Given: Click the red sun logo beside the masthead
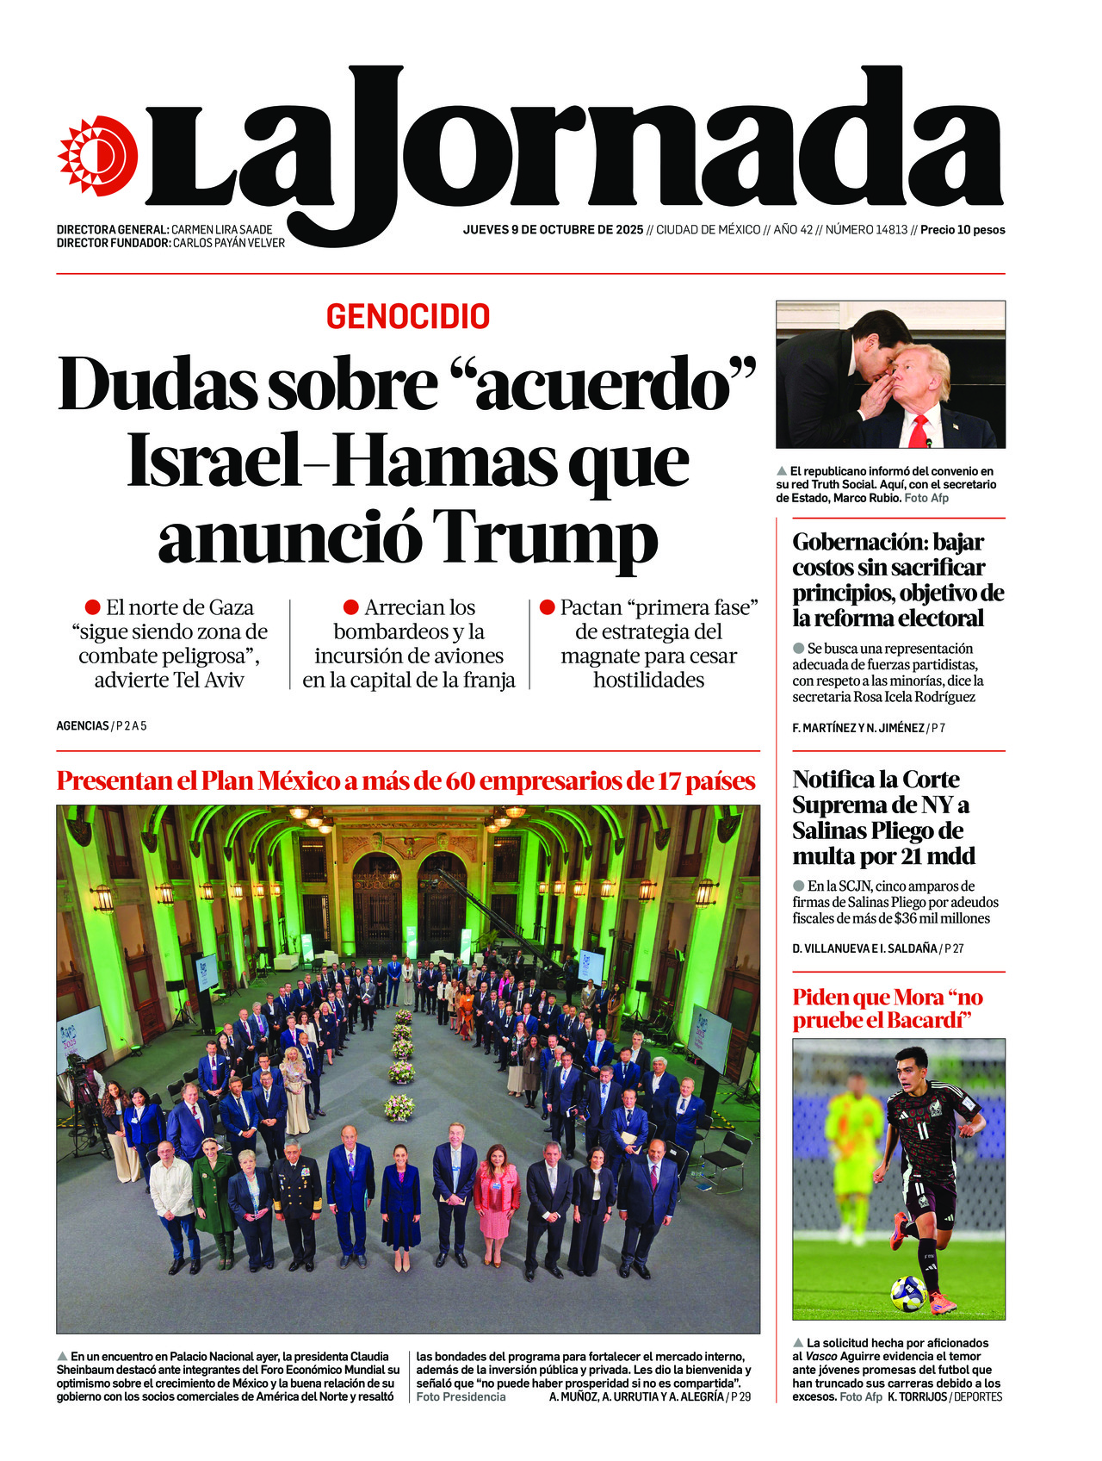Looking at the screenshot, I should tap(97, 155).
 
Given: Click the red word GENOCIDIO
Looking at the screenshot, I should tap(408, 317).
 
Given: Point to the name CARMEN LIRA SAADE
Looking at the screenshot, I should tap(221, 230).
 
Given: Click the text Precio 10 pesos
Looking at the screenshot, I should tap(963, 230).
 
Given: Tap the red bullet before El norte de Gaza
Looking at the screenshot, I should tap(92, 607).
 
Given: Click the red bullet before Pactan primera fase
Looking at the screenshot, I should tap(547, 607).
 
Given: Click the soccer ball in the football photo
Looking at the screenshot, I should tap(907, 1292).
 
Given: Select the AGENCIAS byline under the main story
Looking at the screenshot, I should tap(83, 726).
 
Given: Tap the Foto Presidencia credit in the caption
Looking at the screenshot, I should tap(461, 1396).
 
